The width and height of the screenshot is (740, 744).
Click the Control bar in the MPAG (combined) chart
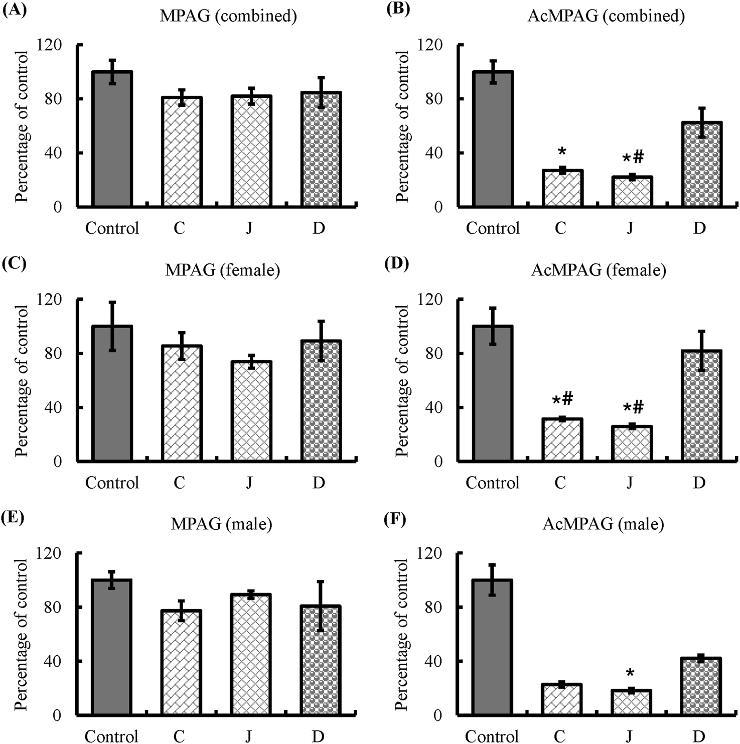pos(112,139)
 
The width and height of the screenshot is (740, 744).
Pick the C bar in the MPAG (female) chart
pos(182,403)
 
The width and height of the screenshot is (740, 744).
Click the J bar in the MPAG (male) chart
pos(251,654)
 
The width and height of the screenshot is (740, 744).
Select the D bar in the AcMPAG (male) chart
pos(701,686)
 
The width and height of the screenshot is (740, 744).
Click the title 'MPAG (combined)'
pos(228,16)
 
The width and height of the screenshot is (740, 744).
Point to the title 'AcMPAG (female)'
pos(599,270)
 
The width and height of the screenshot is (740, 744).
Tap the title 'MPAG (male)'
pos(221,524)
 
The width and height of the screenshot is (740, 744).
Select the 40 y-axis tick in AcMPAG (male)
pos(434,661)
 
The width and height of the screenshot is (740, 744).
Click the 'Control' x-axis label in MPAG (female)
pos(112,483)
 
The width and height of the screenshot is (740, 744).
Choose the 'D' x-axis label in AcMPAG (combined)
pos(699,228)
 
